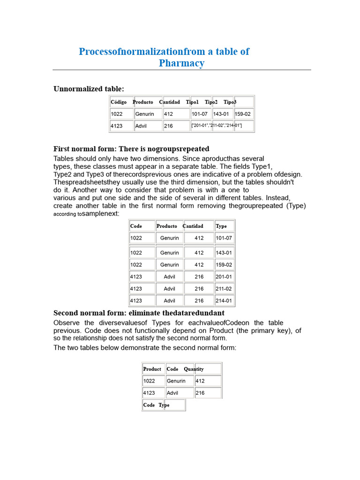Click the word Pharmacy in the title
pos(181,63)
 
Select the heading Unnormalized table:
pos(89,89)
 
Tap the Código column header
pos(119,102)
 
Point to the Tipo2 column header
pos(211,102)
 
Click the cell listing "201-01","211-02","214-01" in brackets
pos(217,126)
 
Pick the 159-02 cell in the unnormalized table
pos(243,114)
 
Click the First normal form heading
pos(131,149)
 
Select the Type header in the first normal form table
pos(221,226)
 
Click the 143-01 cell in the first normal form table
pos(224,253)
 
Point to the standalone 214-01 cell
pos(224,301)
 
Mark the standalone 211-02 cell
pos(224,289)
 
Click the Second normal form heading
pos(139,313)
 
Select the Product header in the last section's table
pos(152,369)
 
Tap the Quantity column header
pos(194,369)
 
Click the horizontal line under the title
pos(181,70)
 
